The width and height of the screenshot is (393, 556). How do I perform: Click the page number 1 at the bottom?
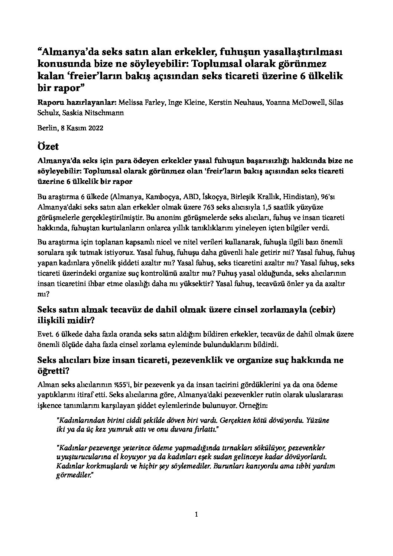tap(196, 514)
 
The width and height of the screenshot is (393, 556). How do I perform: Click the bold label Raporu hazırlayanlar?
tap(77, 102)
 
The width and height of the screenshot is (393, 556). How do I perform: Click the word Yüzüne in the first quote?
tap(316, 421)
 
